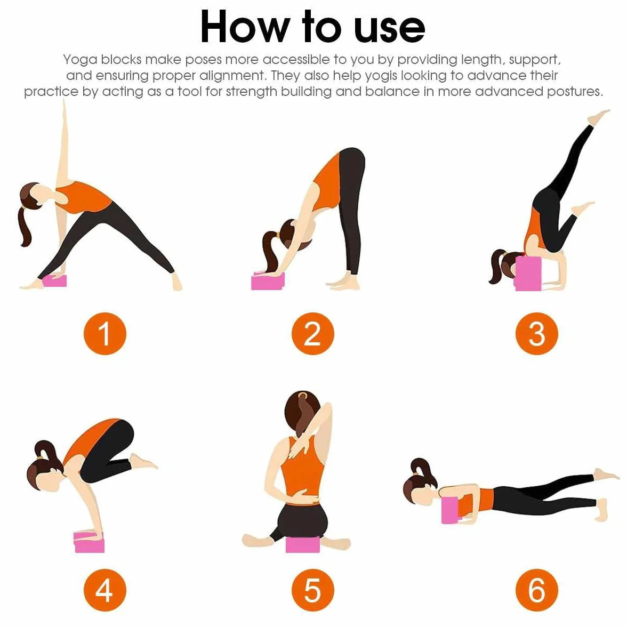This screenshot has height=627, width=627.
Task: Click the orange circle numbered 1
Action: (x=104, y=334)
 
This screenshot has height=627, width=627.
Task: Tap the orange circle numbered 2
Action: (x=312, y=334)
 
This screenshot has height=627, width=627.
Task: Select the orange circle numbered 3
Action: (x=536, y=334)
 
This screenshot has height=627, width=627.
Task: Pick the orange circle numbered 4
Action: (x=104, y=590)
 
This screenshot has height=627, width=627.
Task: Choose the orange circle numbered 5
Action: (x=312, y=590)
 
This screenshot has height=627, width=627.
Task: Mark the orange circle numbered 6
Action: (x=536, y=590)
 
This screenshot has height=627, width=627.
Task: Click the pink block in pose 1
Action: (x=55, y=280)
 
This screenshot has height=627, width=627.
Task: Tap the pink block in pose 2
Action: (x=268, y=281)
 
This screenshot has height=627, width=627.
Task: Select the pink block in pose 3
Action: (x=527, y=274)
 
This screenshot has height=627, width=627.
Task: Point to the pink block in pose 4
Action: (x=89, y=542)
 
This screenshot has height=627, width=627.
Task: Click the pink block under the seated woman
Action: (x=303, y=545)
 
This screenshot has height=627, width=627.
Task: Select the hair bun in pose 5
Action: (x=303, y=396)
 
